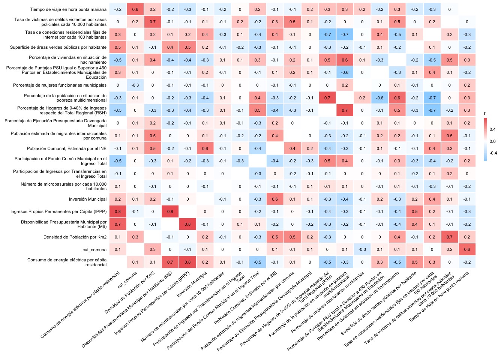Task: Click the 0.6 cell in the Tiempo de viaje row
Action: [135, 9]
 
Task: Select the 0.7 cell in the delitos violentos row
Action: [153, 22]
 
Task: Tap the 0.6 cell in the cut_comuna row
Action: [466, 249]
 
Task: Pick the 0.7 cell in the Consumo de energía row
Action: [170, 262]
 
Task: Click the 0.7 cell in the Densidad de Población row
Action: [449, 237]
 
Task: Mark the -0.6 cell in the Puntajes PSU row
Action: [345, 72]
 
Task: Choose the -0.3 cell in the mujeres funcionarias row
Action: [135, 85]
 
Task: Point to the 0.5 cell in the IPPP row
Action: [414, 211]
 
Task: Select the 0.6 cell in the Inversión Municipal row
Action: [275, 199]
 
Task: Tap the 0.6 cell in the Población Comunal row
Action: [205, 148]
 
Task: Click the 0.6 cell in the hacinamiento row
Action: [345, 60]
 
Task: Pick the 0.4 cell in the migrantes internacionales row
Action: [275, 136]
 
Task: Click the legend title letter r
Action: [485, 113]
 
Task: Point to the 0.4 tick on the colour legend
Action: [492, 129]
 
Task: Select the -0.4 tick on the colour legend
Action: [493, 153]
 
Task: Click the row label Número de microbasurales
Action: [63, 186]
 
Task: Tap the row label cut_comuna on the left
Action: [94, 250]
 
